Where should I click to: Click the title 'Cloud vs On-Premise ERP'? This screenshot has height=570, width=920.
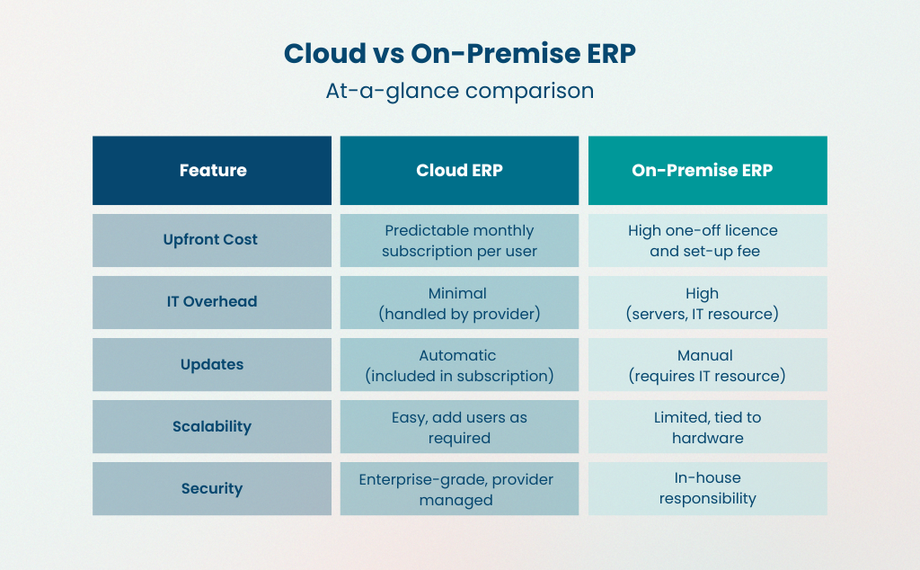click(x=459, y=53)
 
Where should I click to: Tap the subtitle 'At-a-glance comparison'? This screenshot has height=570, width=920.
click(x=459, y=91)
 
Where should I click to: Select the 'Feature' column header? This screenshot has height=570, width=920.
click(x=212, y=170)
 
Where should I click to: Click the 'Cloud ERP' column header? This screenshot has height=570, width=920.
click(x=459, y=170)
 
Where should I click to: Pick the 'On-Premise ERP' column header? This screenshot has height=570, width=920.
click(x=707, y=170)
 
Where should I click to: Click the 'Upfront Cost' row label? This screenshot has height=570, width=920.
click(x=212, y=240)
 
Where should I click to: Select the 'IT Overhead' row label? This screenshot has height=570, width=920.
click(x=212, y=302)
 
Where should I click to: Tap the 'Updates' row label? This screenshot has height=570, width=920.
click(x=212, y=364)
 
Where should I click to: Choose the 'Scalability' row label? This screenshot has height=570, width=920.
click(x=212, y=426)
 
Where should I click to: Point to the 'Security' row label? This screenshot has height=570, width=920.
click(x=212, y=488)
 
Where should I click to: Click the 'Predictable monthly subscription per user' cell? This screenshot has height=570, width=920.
click(x=459, y=240)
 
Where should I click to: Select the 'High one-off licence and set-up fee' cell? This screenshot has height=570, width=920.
click(x=707, y=240)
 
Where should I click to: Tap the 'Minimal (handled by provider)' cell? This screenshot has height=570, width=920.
click(x=459, y=302)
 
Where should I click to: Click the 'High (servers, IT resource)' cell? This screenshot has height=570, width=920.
click(x=707, y=302)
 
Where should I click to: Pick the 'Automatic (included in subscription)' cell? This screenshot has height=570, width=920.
click(x=459, y=364)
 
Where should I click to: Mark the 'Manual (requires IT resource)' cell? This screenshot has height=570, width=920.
click(x=707, y=364)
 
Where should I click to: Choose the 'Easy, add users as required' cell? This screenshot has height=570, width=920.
click(x=459, y=426)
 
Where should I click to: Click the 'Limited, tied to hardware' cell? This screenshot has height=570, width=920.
click(x=707, y=426)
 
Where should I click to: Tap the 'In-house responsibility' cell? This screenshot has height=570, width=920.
click(x=707, y=488)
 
